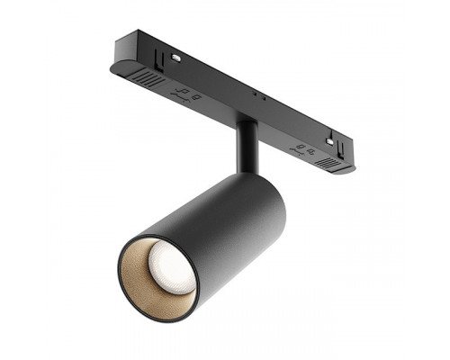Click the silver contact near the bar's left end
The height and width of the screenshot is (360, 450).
tap(175, 57)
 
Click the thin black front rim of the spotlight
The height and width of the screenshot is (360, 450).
tap(126, 297)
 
